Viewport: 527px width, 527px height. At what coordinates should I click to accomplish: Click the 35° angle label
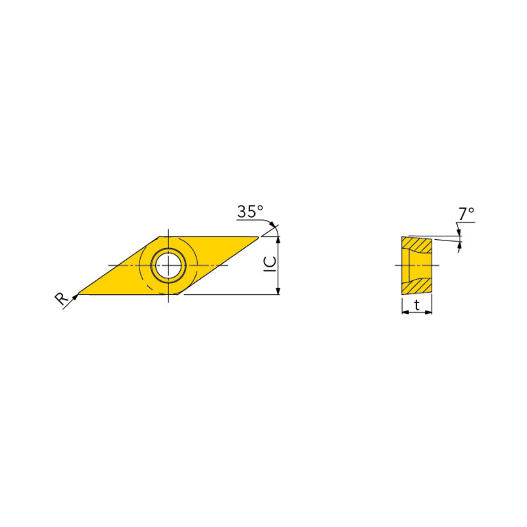[x=250, y=212]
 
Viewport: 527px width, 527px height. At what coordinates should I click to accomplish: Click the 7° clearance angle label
[x=466, y=214]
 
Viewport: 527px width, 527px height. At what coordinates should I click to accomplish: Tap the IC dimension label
[x=270, y=264]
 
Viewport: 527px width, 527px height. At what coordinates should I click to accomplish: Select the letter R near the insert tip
[x=62, y=298]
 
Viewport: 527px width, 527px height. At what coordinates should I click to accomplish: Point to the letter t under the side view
[x=417, y=305]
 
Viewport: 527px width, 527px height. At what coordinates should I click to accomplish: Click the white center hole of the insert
[x=168, y=265]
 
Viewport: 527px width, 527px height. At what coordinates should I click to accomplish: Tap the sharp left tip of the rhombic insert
[x=78, y=294]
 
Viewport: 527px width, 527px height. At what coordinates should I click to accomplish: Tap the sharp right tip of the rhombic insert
[x=258, y=237]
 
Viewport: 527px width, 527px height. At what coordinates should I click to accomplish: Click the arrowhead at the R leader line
[x=76, y=296]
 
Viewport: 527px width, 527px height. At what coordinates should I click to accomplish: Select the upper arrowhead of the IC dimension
[x=278, y=240]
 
